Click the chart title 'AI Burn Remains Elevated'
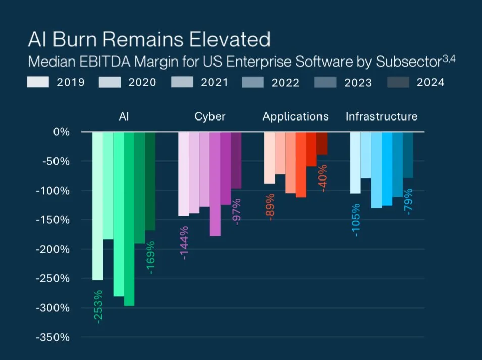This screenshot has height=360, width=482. (149, 39)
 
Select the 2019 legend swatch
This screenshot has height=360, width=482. (38, 82)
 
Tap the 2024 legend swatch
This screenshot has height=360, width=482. (398, 82)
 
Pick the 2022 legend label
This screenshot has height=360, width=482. (286, 83)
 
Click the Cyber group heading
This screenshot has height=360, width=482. (209, 116)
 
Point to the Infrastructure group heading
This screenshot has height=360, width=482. (381, 116)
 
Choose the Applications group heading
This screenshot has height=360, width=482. (295, 116)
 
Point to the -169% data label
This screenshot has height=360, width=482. (150, 257)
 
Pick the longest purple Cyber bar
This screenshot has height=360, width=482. (215, 184)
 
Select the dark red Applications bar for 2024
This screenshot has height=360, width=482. (322, 143)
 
